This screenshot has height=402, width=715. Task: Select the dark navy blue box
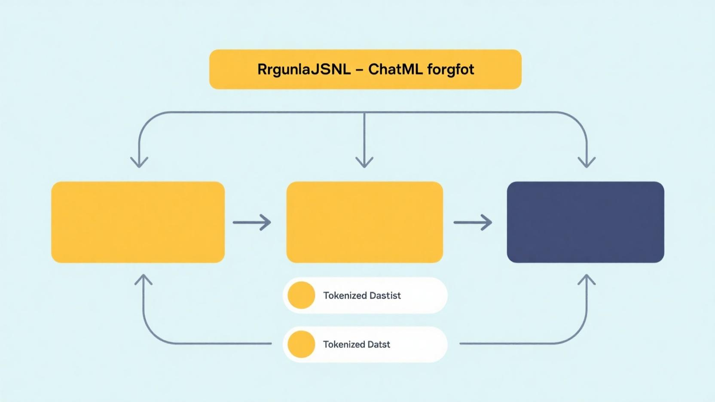[x=585, y=222]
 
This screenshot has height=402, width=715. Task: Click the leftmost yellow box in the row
[x=138, y=222]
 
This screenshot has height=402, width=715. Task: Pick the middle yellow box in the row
[x=364, y=222]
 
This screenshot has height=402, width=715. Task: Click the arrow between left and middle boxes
[x=252, y=222]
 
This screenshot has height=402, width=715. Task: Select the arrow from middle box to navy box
[x=473, y=222]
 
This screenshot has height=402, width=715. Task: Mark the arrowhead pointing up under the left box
[x=144, y=280]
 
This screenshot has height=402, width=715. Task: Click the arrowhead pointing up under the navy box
[x=587, y=280]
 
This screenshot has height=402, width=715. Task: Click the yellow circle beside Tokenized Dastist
[x=301, y=295]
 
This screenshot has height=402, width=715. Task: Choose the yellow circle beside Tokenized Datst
[x=301, y=344]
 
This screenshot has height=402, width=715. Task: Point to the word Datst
[x=379, y=344]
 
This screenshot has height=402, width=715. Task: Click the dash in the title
[x=359, y=70]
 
